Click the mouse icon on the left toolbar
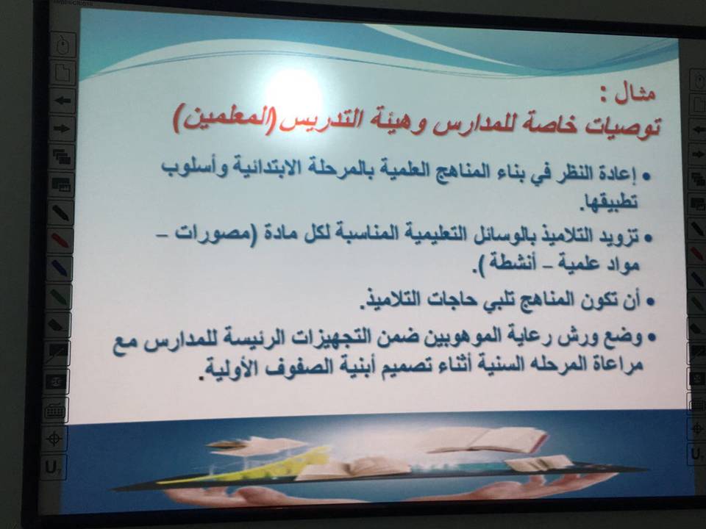63,45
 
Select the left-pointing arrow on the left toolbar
62,100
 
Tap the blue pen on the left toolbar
60,267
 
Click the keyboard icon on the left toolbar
56,410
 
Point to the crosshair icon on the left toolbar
55,438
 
